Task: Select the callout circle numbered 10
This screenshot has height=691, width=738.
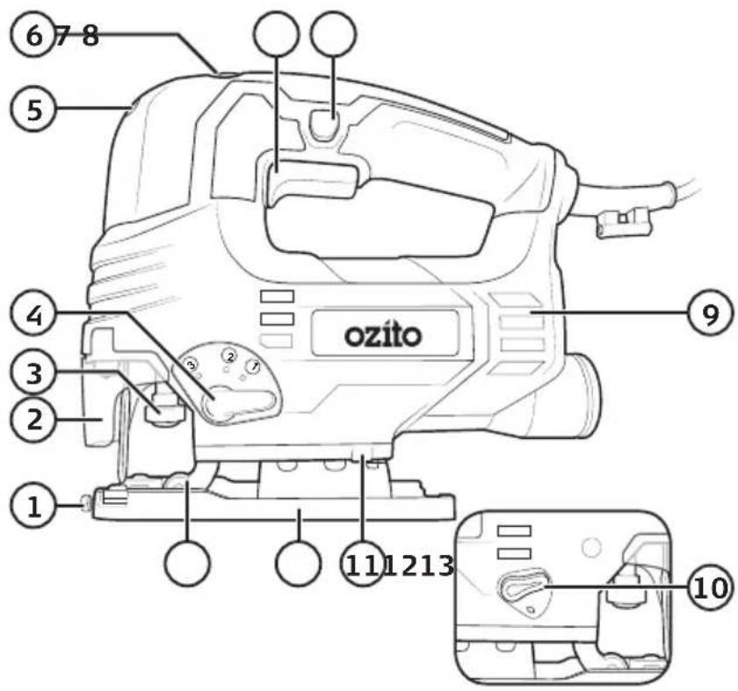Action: pyautogui.click(x=712, y=587)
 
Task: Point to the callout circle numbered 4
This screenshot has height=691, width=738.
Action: pyautogui.click(x=34, y=315)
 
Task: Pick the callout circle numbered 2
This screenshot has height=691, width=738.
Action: pyautogui.click(x=34, y=419)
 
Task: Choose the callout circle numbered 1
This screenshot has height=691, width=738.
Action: pyautogui.click(x=33, y=507)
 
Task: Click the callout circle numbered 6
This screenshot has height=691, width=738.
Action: pyautogui.click(x=33, y=35)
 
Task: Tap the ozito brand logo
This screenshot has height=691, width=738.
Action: pyautogui.click(x=383, y=335)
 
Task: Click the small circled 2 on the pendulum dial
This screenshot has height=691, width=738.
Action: pyautogui.click(x=229, y=356)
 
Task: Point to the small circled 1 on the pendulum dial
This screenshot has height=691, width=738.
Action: pyautogui.click(x=254, y=365)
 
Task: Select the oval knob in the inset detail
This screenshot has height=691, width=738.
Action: pyautogui.click(x=523, y=587)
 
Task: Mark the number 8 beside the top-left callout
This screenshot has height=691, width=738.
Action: pyautogui.click(x=90, y=36)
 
